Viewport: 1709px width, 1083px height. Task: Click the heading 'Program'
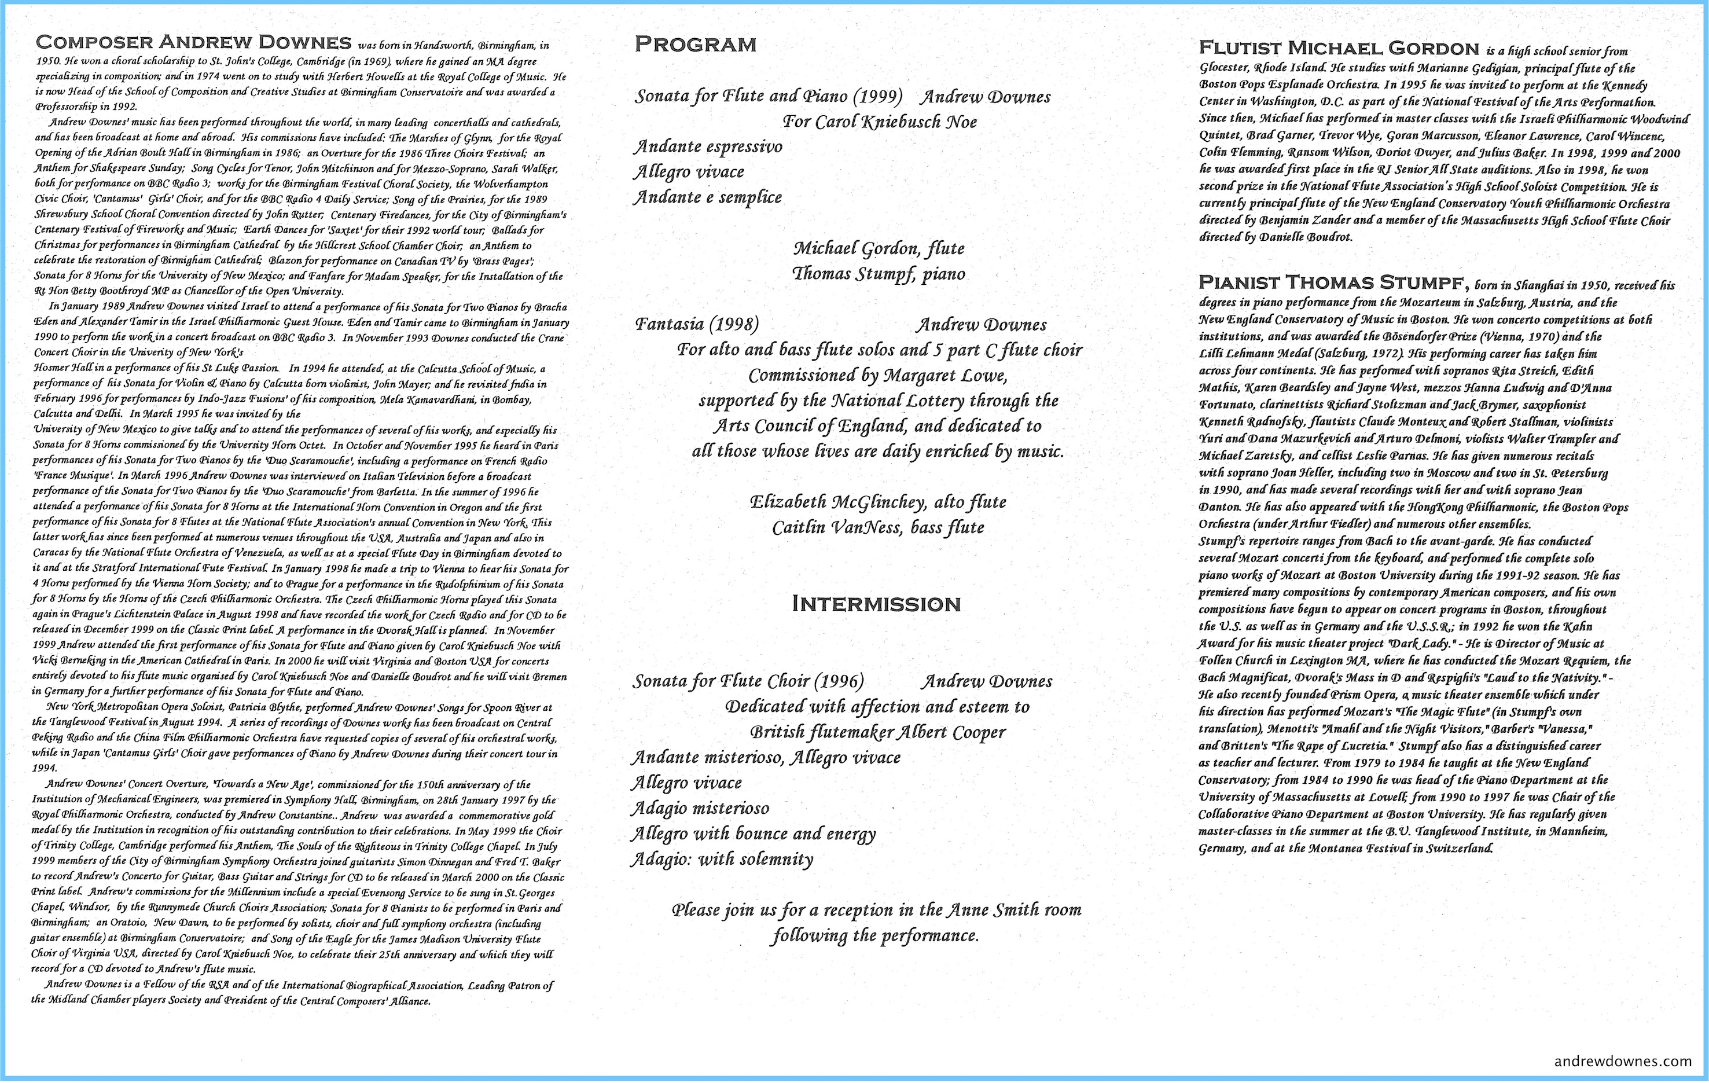[695, 45]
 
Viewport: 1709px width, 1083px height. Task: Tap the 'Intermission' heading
[876, 604]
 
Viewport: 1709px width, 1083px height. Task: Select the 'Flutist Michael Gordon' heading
[1339, 48]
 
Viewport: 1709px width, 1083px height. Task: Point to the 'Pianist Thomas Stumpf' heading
[1333, 282]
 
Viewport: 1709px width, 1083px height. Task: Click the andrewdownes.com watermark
[1622, 1061]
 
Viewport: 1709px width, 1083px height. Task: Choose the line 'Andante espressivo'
[708, 147]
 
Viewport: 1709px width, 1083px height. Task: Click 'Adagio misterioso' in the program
[700, 809]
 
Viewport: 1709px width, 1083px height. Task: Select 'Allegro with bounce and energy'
[753, 834]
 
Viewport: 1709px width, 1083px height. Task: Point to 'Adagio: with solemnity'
[722, 860]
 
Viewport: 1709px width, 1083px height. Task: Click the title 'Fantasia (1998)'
[696, 325]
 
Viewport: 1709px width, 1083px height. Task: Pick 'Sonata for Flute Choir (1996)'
[748, 682]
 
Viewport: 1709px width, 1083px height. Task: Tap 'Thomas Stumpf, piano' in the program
[878, 274]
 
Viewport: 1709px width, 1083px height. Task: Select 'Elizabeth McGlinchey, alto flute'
[878, 502]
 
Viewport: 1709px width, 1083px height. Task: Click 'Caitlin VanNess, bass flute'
[878, 528]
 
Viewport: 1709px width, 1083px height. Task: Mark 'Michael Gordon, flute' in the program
[878, 248]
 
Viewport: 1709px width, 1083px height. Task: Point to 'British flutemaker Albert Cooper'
[877, 732]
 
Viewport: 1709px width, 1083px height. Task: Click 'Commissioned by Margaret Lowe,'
[877, 376]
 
